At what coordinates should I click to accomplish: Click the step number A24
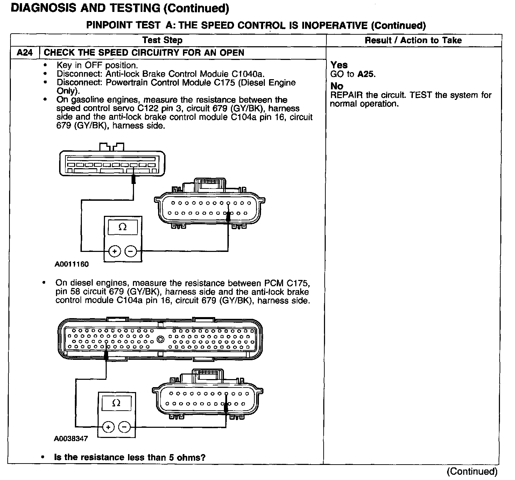[25, 53]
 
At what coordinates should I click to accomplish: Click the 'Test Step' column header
[163, 40]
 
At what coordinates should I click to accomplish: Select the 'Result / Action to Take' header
[413, 40]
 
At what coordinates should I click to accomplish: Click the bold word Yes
[339, 65]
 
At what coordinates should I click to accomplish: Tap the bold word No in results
[337, 86]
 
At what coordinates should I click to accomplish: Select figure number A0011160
[72, 265]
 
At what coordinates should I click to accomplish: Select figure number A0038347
[71, 439]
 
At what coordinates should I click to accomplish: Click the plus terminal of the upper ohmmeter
[115, 251]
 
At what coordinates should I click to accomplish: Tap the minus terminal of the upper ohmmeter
[130, 251]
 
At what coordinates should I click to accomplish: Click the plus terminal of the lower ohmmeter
[108, 427]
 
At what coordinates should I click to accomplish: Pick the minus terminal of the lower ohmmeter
[125, 427]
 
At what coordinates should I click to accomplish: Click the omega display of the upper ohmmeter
[122, 227]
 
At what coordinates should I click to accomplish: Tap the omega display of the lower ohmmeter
[117, 403]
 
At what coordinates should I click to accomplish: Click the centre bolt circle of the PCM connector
[161, 340]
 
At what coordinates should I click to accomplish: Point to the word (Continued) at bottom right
[472, 472]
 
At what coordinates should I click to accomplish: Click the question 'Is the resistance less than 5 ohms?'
[129, 457]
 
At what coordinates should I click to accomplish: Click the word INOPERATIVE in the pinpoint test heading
[334, 26]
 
